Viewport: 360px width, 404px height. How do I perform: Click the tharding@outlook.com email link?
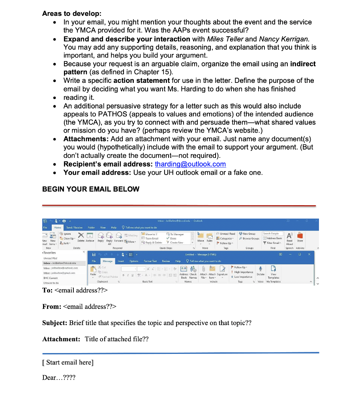(x=190, y=164)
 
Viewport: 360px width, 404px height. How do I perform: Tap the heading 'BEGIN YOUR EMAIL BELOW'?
(x=91, y=189)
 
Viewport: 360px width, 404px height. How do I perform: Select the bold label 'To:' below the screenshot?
(x=48, y=290)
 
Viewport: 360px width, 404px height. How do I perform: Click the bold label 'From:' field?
(x=52, y=307)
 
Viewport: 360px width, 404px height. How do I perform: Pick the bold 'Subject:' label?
(x=54, y=323)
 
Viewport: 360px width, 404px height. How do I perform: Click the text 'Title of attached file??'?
(x=116, y=339)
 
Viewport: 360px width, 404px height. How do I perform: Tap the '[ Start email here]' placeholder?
(x=68, y=362)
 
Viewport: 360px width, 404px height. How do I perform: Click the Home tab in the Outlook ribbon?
(x=58, y=227)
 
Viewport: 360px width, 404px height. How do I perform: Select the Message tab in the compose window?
(x=108, y=261)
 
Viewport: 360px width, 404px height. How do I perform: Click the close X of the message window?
(x=309, y=254)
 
